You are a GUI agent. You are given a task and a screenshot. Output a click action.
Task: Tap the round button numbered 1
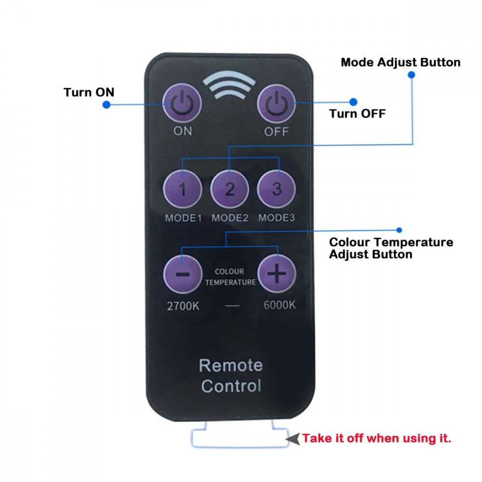(183, 189)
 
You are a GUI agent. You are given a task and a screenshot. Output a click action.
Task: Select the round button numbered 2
(229, 189)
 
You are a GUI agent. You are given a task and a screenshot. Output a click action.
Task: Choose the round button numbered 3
(277, 189)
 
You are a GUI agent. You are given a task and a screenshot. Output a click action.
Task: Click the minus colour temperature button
(183, 274)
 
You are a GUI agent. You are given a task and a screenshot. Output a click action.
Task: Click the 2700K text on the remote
(183, 306)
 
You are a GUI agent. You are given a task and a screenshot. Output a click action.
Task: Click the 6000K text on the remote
(280, 305)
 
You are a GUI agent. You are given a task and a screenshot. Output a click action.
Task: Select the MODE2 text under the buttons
(230, 218)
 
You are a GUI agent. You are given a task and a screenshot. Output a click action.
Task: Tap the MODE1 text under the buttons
(183, 218)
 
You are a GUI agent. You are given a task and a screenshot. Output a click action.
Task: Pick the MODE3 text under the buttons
(277, 218)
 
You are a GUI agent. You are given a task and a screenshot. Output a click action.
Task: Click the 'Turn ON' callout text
(89, 92)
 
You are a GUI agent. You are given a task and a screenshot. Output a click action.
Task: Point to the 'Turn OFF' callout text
(357, 114)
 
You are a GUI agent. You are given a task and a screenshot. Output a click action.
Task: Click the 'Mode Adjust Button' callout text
(401, 62)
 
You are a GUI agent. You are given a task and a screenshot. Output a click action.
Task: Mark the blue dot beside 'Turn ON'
(107, 105)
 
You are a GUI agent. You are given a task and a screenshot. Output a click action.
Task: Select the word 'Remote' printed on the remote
(231, 365)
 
